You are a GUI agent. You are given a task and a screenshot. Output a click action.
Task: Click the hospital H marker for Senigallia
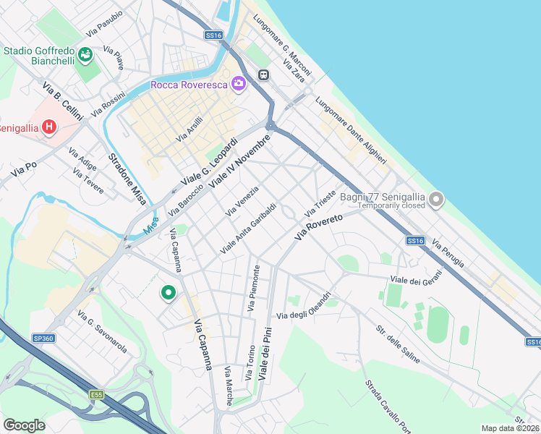pos(49,128)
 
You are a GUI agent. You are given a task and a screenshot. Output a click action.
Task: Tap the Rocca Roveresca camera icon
pos(238,85)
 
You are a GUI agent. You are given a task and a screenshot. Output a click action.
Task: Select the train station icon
pos(263,74)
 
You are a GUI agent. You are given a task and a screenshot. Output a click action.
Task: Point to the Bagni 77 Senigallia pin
pos(435,199)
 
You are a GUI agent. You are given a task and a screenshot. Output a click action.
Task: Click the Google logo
pos(24,425)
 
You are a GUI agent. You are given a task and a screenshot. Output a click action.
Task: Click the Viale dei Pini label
pos(267,352)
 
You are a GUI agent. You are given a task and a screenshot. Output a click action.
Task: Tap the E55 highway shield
pos(96,394)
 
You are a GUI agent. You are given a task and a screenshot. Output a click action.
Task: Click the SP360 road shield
pos(43,338)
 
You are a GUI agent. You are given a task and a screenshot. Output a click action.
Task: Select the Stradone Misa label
pos(127,178)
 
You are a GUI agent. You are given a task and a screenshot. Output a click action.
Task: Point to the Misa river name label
pos(150,226)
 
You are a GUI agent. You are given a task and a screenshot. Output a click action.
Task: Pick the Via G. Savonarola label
pos(102,333)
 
